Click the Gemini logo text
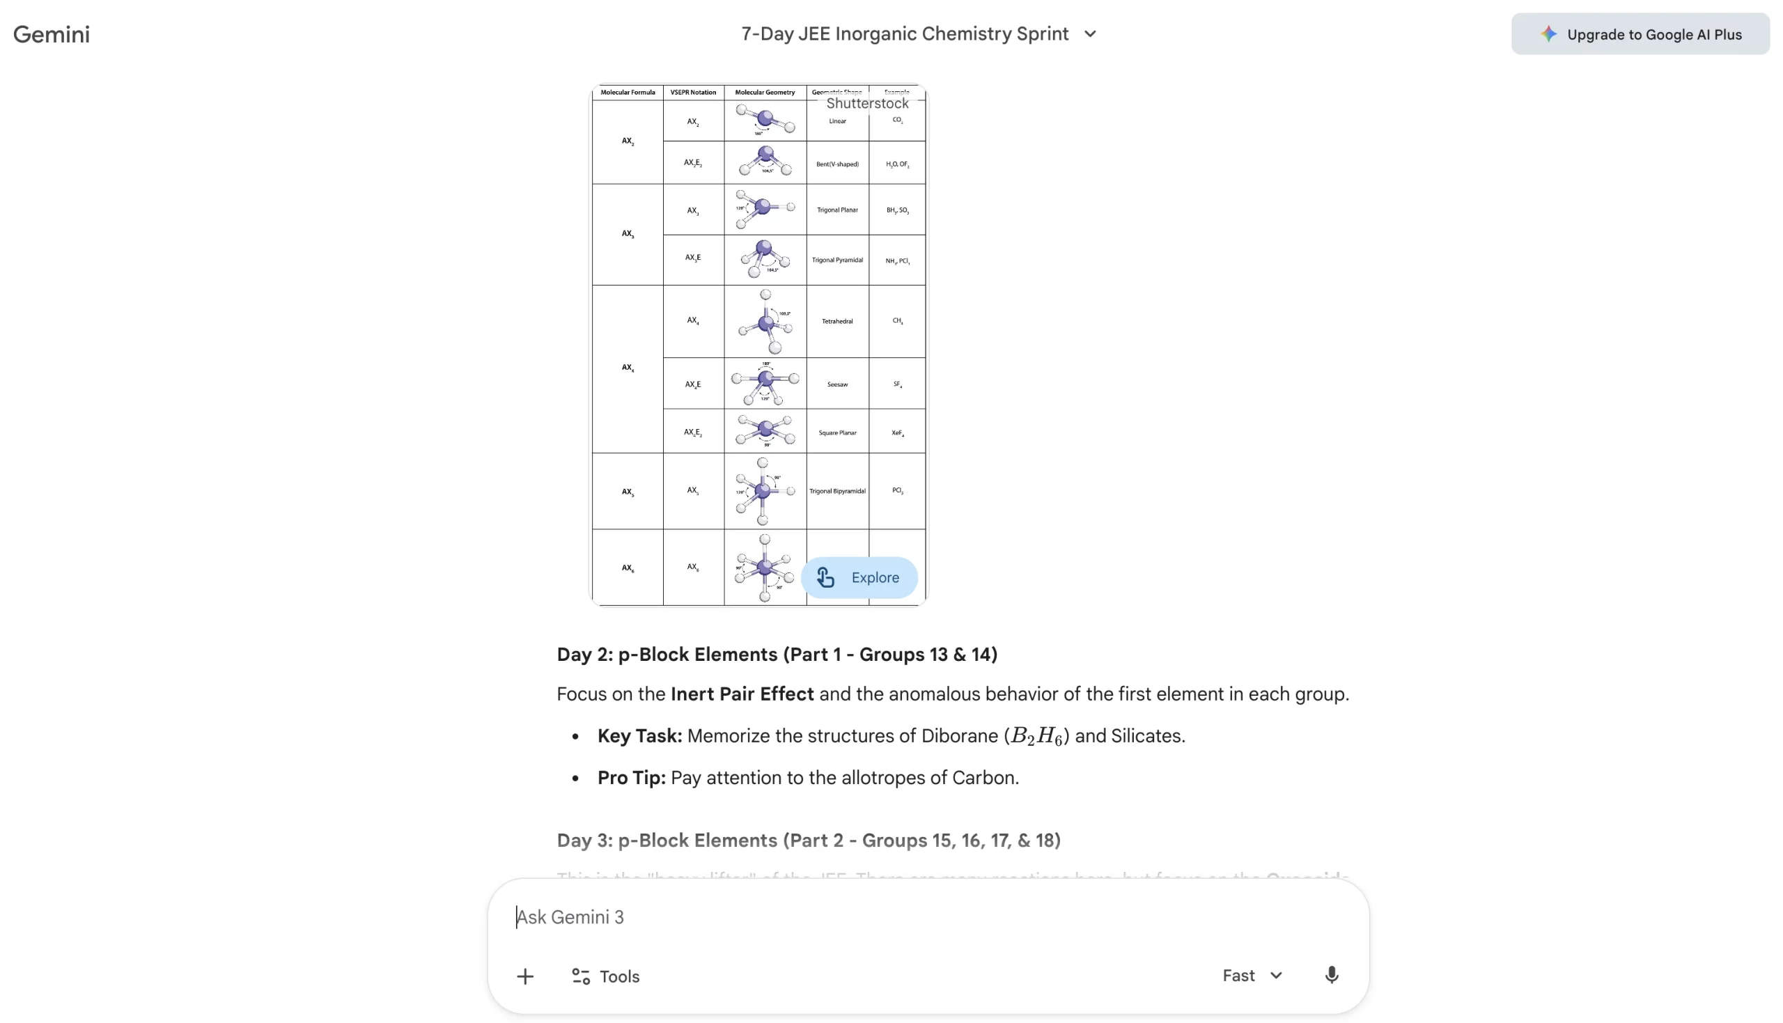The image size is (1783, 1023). point(52,33)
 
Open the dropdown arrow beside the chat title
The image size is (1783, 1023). point(1089,33)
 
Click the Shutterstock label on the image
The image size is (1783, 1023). point(867,103)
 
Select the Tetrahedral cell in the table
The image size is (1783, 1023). point(836,321)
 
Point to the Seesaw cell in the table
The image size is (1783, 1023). point(836,384)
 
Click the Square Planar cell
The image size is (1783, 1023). point(836,433)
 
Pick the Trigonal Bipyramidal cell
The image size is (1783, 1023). point(836,491)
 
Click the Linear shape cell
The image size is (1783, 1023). point(836,122)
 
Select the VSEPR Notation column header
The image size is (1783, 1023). point(693,92)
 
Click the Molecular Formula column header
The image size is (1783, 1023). point(628,92)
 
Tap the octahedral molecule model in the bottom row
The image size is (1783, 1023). point(764,567)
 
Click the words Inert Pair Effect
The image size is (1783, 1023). point(742,694)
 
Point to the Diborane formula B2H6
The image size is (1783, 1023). point(1036,735)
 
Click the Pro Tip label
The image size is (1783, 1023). point(631,778)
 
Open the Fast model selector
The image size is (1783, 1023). point(1252,976)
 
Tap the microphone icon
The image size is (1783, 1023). point(1330,976)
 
